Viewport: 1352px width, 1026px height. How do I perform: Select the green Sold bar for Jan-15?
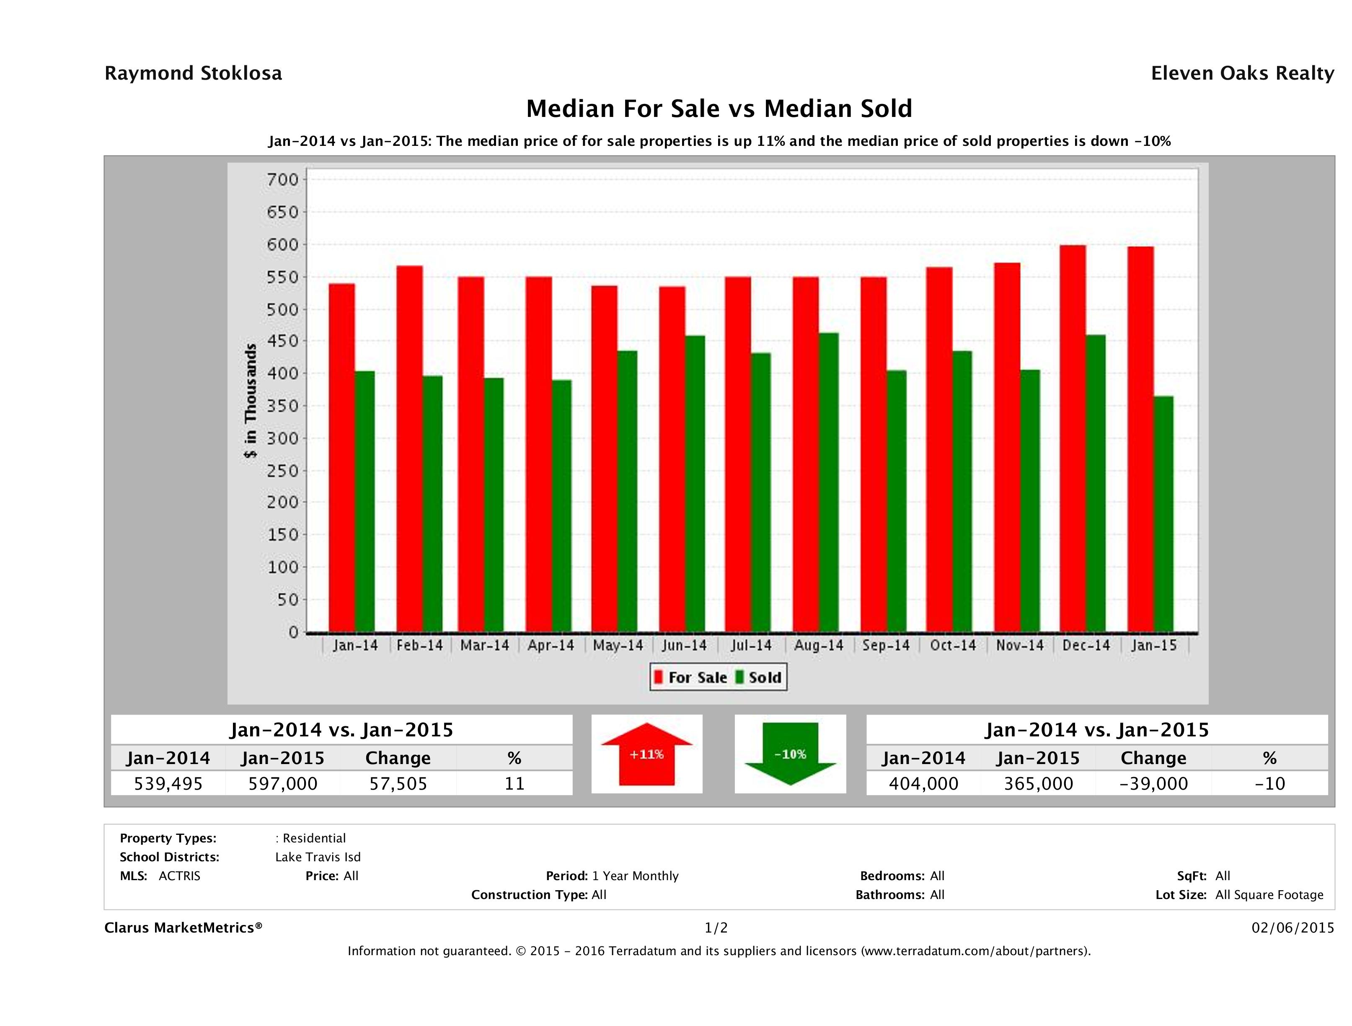1163,513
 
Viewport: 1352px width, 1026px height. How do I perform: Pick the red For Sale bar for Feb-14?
409,449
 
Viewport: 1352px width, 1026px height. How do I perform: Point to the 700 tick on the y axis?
282,180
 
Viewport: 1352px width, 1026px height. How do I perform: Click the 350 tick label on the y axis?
282,406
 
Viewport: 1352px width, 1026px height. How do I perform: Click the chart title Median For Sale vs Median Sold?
719,109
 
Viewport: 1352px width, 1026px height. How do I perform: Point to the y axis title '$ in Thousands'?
251,401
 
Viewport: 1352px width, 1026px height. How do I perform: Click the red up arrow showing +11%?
646,754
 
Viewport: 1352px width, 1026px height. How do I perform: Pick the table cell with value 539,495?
168,784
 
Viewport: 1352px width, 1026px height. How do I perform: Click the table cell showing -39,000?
1153,784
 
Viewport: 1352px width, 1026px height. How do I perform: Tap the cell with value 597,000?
282,784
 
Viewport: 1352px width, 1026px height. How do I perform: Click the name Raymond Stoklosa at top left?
193,73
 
